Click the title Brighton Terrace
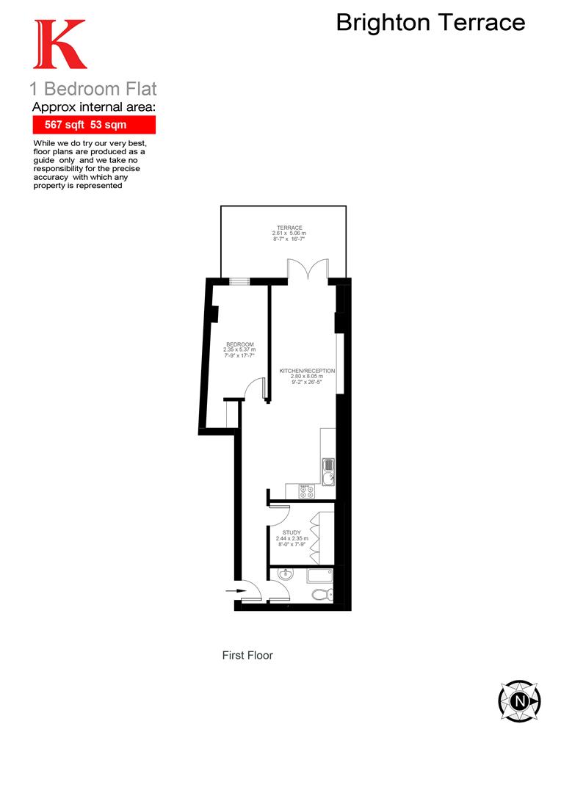[430, 23]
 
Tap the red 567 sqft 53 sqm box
[93, 125]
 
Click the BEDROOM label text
[240, 345]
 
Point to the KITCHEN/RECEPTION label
[307, 371]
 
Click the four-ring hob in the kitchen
[307, 492]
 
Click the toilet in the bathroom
[322, 595]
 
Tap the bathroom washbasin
[285, 576]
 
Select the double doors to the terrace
[308, 269]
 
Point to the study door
[281, 515]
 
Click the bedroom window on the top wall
[239, 280]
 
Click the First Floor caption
[247, 655]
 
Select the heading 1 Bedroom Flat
[93, 90]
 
